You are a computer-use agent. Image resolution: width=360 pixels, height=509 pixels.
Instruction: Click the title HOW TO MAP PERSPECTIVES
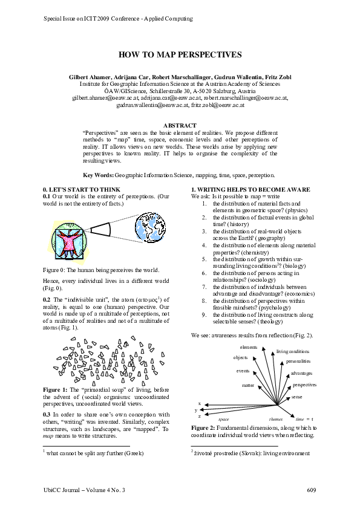coord(180,54)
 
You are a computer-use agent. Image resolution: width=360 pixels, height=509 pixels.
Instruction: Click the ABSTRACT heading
coord(180,125)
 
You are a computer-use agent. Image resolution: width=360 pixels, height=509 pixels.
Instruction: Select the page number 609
coord(312,489)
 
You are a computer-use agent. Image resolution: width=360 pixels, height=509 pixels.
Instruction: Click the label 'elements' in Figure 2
coord(249,348)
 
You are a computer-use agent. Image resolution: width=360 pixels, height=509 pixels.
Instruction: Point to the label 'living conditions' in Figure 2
coord(293,351)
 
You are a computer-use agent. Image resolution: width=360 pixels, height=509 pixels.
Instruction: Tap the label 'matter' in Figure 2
coord(248,384)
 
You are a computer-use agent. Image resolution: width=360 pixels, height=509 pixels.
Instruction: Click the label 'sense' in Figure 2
coord(297,397)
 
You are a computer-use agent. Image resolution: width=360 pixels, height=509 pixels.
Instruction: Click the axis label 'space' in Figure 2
coord(224,419)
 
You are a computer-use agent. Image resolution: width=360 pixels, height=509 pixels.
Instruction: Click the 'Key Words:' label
coord(97,175)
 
